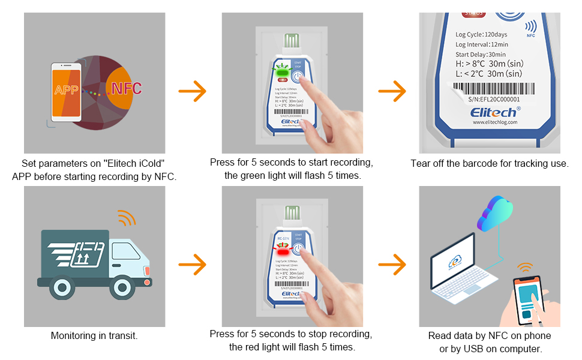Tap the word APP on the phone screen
pyautogui.click(x=67, y=91)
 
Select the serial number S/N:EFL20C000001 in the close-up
pyautogui.click(x=494, y=99)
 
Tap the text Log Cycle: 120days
pyautogui.click(x=482, y=34)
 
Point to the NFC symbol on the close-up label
pyautogui.click(x=530, y=28)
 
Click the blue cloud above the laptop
pyautogui.click(x=496, y=214)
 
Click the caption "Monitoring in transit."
pyautogui.click(x=94, y=336)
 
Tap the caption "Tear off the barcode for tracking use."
pyautogui.click(x=490, y=163)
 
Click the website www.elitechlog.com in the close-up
pyautogui.click(x=494, y=122)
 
